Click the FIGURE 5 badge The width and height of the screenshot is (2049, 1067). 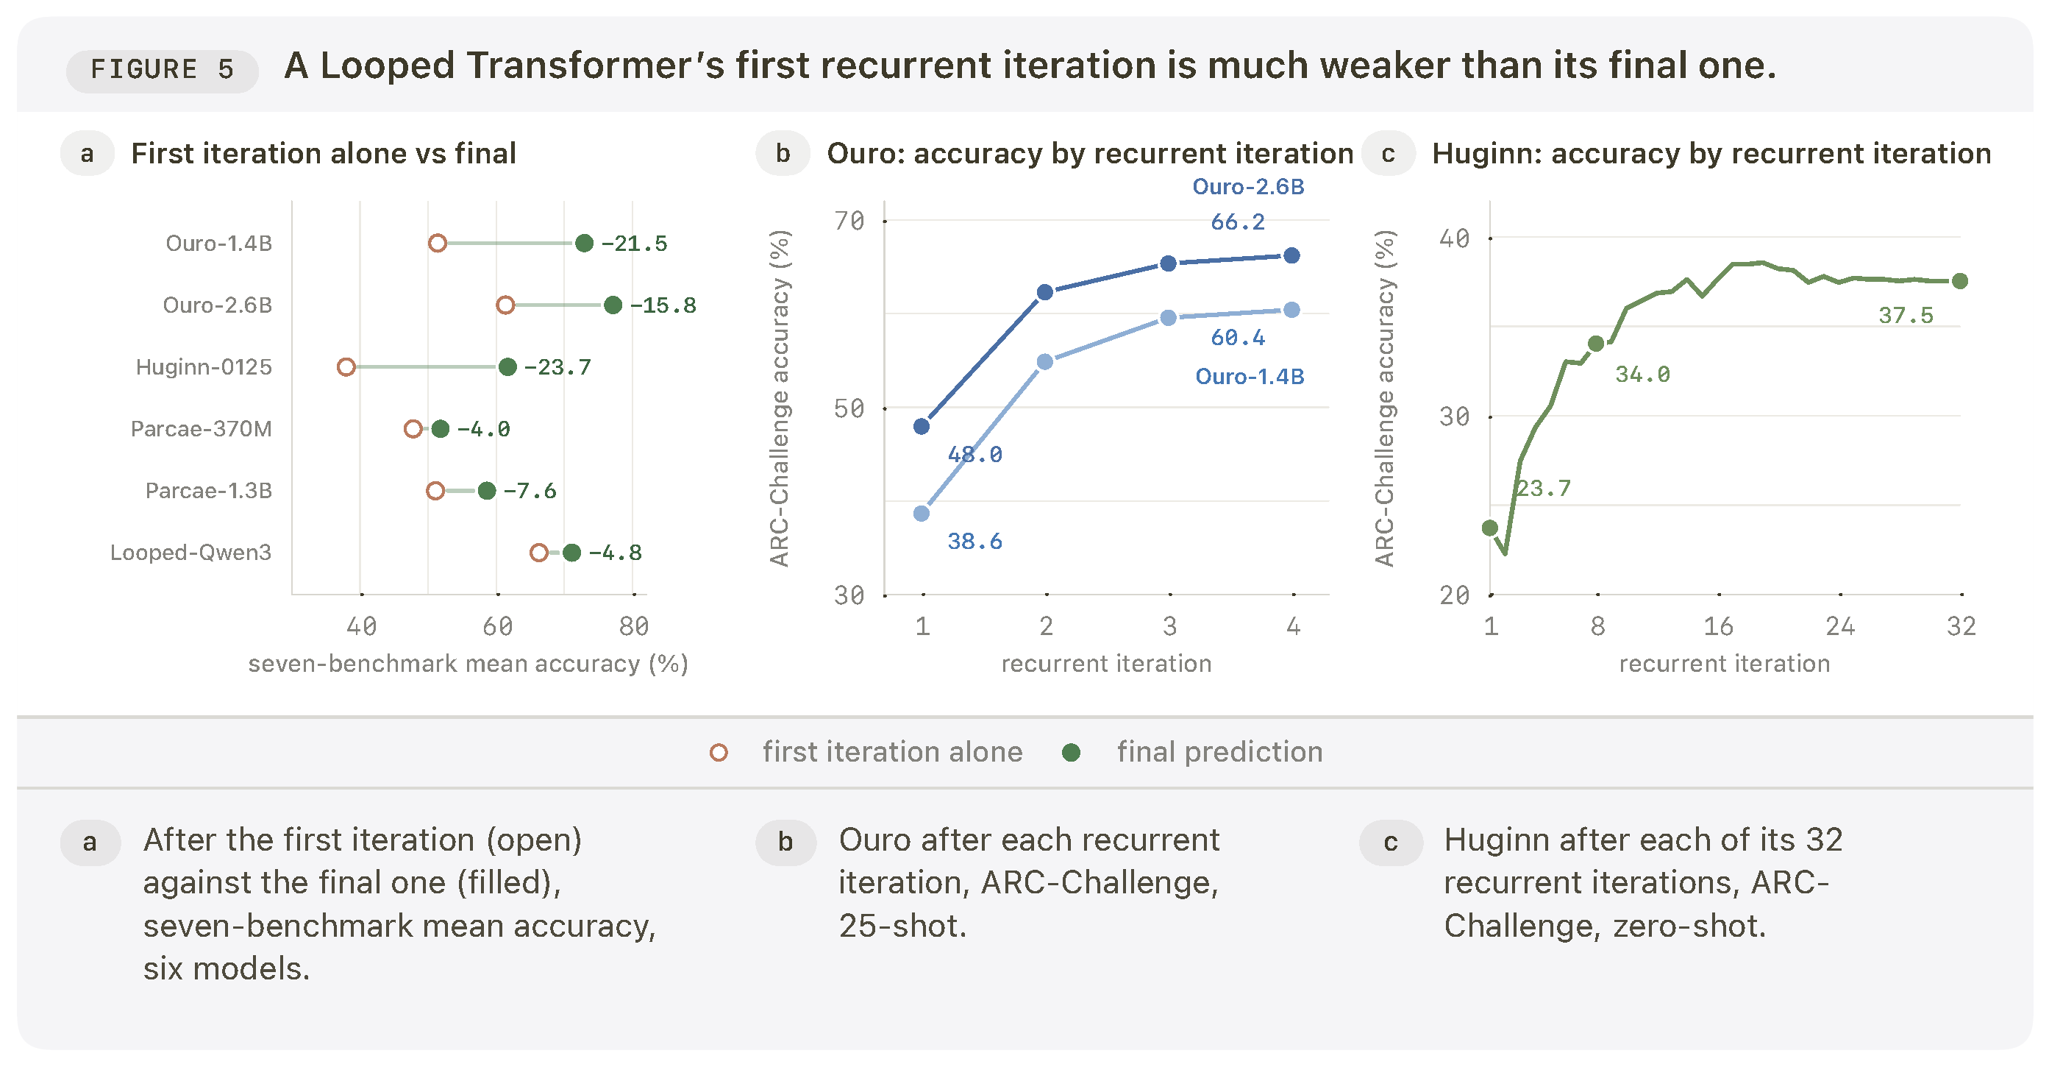[163, 70]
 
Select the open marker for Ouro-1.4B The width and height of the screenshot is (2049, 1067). [438, 244]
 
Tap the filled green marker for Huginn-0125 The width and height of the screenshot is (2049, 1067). [507, 366]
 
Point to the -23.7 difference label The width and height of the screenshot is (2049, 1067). [557, 366]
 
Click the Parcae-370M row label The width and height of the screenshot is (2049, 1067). [202, 429]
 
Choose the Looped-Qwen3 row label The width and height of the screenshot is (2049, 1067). [191, 552]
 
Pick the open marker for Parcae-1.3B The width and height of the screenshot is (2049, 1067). [435, 491]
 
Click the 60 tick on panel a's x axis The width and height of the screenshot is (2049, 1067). [498, 626]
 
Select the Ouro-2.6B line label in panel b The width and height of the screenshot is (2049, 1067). [1249, 187]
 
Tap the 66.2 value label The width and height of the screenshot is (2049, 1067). [1238, 222]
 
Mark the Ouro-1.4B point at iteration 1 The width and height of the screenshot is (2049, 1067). [922, 513]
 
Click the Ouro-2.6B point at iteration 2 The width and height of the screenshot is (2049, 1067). [1045, 292]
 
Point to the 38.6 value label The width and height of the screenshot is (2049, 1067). [974, 542]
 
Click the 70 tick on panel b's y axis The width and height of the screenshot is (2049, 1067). [849, 221]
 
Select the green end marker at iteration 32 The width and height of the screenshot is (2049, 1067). [1960, 281]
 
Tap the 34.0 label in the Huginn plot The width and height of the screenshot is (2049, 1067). [1642, 374]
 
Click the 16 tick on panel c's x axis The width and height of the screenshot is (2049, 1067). [1718, 626]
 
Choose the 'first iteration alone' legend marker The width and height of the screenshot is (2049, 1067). [719, 753]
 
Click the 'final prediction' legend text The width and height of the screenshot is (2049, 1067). [1220, 752]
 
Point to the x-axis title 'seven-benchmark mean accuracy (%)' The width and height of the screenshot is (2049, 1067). [468, 664]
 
